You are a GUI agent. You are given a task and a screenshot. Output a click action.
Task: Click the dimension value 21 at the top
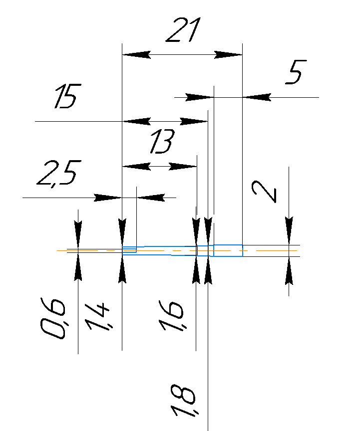point(183,30)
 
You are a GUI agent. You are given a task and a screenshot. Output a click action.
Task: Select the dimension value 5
point(296,72)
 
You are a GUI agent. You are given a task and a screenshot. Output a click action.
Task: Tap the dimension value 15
point(68,96)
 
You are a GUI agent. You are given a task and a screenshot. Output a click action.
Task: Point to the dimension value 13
point(162,141)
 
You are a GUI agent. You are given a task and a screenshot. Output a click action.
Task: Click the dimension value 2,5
point(59,173)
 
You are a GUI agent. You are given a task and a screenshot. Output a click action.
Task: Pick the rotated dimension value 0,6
point(53,318)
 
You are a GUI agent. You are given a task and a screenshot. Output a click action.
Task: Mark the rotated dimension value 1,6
point(171,316)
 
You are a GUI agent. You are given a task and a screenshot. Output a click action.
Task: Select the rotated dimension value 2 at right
point(264,192)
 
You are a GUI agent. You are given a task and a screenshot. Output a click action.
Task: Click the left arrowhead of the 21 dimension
point(136,55)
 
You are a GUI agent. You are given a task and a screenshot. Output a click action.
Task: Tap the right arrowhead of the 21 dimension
point(228,55)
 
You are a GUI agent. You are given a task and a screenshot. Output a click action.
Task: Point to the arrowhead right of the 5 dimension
point(257,97)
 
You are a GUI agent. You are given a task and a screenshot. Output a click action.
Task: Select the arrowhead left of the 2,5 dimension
point(108,198)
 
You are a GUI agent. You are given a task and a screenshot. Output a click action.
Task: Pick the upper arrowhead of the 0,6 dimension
point(78,235)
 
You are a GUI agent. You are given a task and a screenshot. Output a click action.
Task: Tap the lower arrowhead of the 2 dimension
point(289,271)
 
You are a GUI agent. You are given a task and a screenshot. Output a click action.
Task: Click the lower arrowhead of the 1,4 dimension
point(122,269)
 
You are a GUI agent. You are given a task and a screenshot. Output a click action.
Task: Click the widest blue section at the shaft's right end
point(228,250)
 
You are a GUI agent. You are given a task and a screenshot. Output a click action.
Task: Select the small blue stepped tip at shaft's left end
point(129,250)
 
